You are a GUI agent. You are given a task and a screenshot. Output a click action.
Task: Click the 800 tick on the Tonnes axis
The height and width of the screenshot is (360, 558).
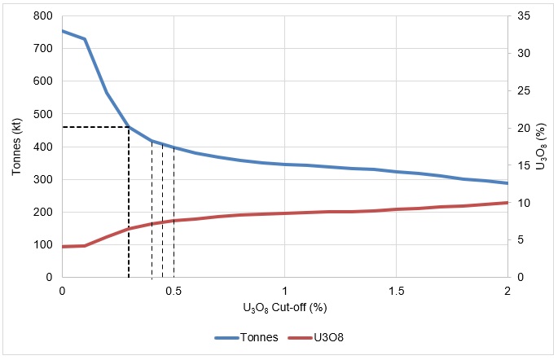coord(42,15)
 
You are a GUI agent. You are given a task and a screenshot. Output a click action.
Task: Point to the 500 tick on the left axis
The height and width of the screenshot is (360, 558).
coord(42,114)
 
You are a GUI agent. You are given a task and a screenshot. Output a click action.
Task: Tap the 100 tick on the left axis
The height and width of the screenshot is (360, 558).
coord(42,244)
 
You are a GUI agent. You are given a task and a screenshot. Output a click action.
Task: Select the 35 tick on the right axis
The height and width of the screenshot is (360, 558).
coord(523,15)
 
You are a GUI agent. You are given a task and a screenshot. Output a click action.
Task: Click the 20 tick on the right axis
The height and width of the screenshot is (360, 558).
coord(523,128)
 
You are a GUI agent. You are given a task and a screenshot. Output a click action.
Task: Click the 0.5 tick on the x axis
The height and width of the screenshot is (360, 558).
coord(174,290)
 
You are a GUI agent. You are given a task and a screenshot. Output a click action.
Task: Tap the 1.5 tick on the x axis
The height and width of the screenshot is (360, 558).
coord(396,290)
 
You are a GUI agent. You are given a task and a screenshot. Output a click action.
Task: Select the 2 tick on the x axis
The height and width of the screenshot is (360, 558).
coord(507,290)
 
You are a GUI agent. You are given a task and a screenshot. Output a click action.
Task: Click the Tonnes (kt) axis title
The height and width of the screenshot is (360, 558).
coord(16,147)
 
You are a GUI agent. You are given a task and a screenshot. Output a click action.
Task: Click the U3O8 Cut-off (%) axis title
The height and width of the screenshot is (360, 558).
coord(284,308)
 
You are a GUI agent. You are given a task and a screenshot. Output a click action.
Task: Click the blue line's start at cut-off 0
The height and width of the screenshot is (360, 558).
coord(63,31)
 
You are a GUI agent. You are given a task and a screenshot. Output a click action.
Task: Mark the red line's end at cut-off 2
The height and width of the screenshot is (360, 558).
coord(507,203)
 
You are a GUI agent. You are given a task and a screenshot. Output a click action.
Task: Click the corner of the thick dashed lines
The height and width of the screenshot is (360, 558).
coord(129,127)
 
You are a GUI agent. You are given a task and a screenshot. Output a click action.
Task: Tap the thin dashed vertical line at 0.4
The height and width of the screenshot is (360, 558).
coord(152,212)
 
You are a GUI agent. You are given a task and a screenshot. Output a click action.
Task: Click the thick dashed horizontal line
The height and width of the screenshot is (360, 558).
coord(95,127)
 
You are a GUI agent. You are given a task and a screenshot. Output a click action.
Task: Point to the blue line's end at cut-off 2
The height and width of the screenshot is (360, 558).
coord(507,183)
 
